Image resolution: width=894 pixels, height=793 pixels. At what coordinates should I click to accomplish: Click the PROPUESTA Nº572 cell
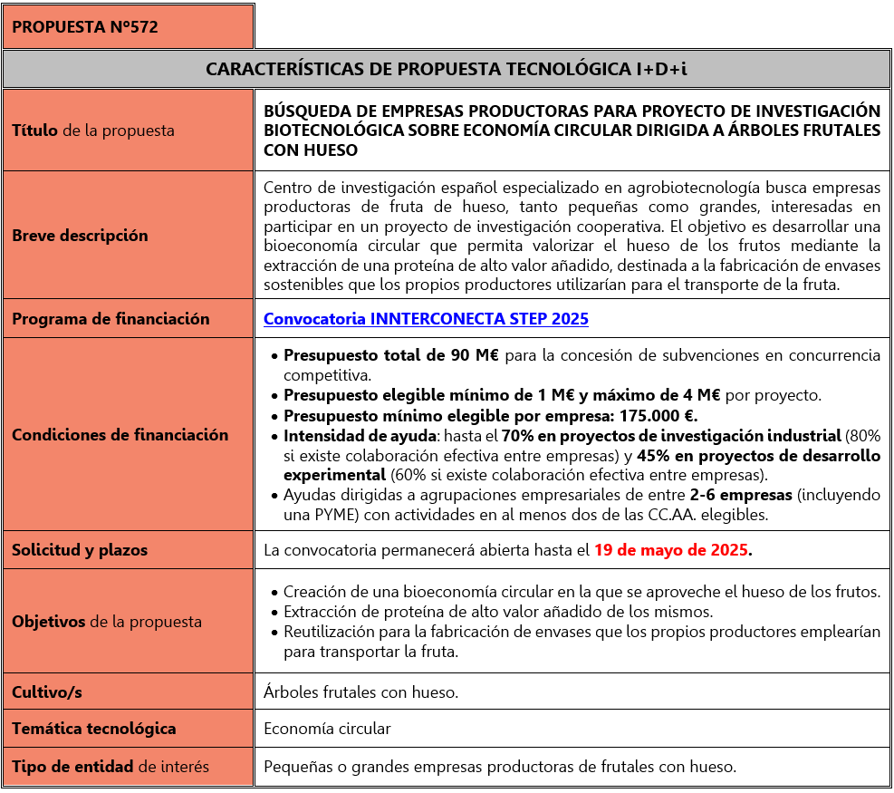pos(85,27)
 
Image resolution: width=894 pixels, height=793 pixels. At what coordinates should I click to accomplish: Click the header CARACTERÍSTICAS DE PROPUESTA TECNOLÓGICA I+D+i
pos(447,69)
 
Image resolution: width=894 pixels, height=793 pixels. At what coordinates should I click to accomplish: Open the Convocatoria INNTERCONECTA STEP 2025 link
pos(426,319)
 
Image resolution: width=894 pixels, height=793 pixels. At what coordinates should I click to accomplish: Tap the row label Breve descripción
pos(80,236)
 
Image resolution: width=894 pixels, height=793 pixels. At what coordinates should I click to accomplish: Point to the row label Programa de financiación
pos(111,319)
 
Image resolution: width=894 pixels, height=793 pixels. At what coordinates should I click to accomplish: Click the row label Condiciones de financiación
pos(120,435)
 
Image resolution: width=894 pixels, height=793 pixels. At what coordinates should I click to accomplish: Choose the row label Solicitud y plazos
pos(80,550)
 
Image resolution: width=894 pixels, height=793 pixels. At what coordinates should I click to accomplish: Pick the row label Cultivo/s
pos(47,692)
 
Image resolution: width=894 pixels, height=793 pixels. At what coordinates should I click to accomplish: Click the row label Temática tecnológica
pos(94,729)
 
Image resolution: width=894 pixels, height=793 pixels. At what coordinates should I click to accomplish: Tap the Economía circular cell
pos(327,729)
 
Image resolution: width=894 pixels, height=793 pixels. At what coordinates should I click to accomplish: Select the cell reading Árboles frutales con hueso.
pos(360,692)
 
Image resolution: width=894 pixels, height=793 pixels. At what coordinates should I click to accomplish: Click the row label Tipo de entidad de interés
pos(111,767)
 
